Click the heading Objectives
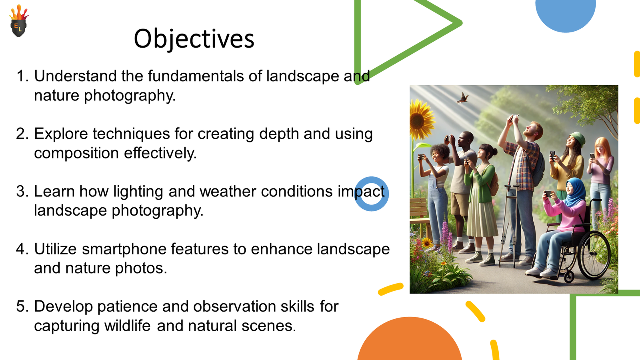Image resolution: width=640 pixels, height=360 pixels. pyautogui.click(x=194, y=39)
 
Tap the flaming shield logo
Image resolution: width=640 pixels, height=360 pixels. pyautogui.click(x=19, y=20)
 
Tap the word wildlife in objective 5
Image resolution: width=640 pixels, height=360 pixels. pyautogui.click(x=127, y=326)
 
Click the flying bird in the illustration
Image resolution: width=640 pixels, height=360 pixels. pyautogui.click(x=462, y=98)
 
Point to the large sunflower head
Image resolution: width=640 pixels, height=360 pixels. pyautogui.click(x=420, y=120)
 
